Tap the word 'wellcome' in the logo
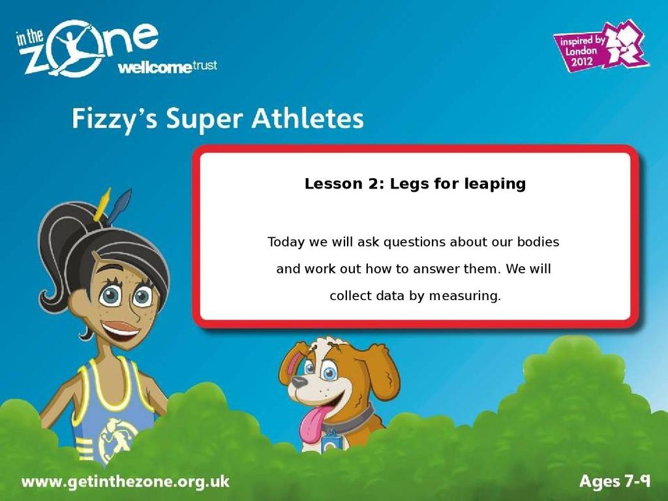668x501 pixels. tap(155, 67)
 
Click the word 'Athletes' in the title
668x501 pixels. tap(307, 118)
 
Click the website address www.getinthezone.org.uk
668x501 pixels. tap(125, 482)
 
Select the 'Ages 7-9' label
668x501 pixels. tap(615, 481)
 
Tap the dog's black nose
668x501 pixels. tap(299, 381)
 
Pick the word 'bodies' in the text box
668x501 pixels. tap(538, 242)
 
